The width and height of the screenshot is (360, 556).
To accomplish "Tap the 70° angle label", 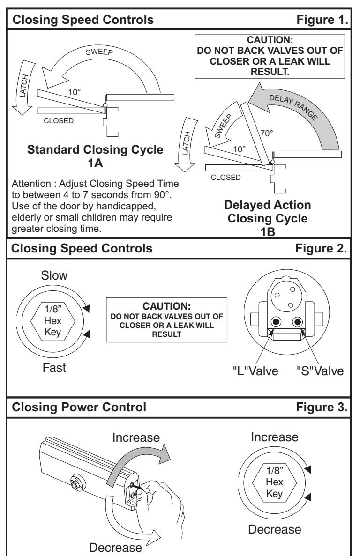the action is (x=267, y=133).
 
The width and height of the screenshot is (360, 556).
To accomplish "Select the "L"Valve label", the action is (x=255, y=371).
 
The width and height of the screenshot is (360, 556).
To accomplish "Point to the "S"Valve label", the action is (x=320, y=371).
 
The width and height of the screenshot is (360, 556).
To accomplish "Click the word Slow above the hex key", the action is (x=54, y=275).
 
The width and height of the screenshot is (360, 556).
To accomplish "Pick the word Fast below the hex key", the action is (x=54, y=368).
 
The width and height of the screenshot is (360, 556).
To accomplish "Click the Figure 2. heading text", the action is (x=321, y=248).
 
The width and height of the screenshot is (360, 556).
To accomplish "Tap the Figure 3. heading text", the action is (x=322, y=407).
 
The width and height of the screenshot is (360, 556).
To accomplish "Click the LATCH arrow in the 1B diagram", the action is (x=186, y=144).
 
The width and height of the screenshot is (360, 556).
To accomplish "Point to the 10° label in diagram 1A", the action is (x=75, y=92).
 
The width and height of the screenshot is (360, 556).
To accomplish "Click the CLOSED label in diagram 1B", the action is (x=225, y=178).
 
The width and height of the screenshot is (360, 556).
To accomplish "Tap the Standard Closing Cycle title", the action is (x=95, y=149).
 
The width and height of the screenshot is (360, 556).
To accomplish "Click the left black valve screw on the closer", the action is (x=276, y=322).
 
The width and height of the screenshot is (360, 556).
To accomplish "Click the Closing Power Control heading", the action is (x=79, y=407).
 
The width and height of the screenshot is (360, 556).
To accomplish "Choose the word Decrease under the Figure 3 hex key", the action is (x=275, y=529).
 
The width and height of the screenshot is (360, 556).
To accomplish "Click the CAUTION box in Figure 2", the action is (x=167, y=320).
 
